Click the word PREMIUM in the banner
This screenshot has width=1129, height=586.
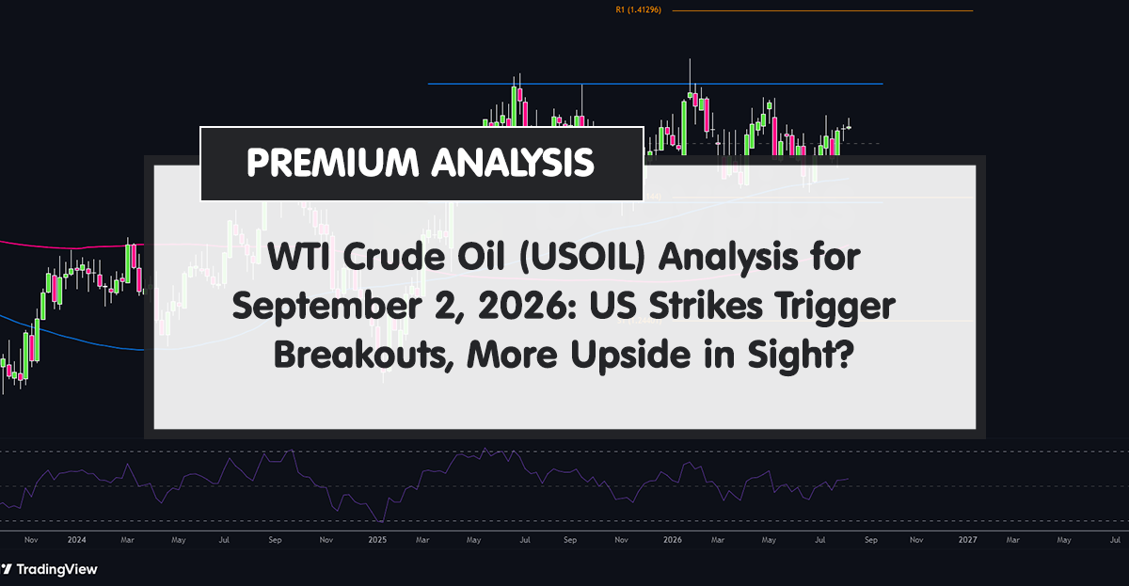click(x=333, y=162)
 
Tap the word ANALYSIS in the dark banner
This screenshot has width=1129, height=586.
click(x=513, y=162)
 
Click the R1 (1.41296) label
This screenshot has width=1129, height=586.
click(x=638, y=9)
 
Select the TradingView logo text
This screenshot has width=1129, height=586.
click(x=56, y=569)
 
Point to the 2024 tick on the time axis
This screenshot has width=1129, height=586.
click(x=76, y=540)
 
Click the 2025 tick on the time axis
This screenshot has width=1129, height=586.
click(x=377, y=540)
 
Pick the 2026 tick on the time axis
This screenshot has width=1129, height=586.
click(x=673, y=540)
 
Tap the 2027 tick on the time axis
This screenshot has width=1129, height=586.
click(x=967, y=540)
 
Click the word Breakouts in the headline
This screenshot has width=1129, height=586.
click(x=364, y=356)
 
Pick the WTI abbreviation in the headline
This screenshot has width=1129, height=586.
click(x=298, y=257)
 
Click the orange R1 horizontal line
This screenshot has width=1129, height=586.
click(x=822, y=10)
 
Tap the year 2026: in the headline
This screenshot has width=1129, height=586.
click(x=527, y=306)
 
